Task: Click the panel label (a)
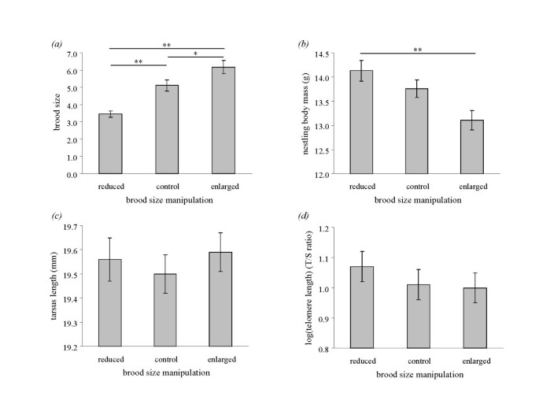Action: tap(57, 44)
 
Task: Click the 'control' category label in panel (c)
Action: tap(166, 359)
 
